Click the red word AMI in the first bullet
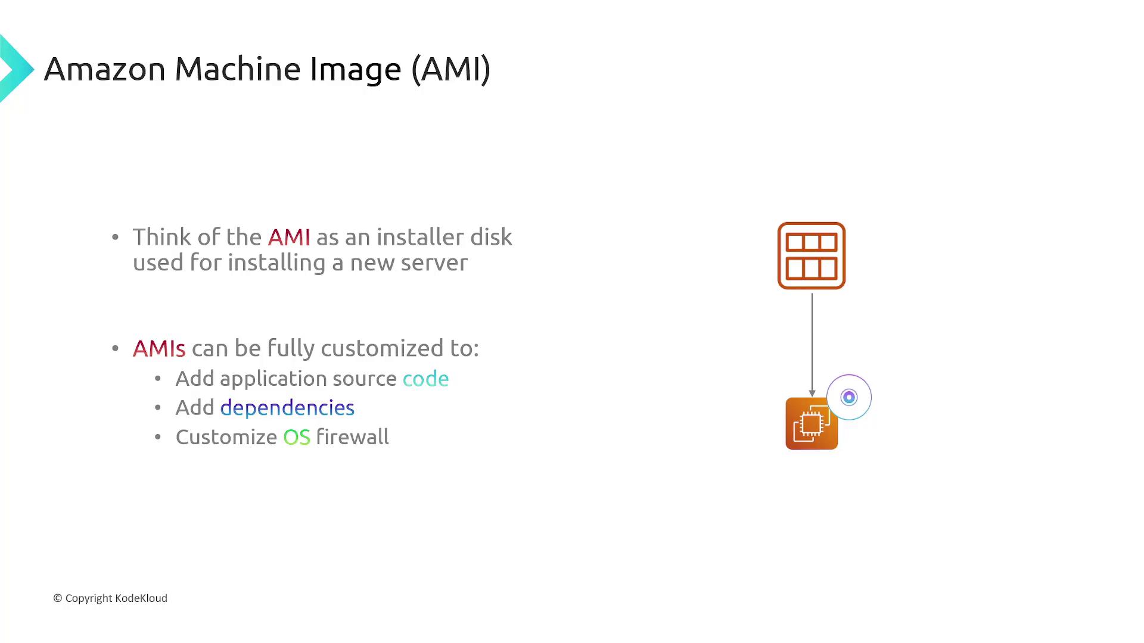pos(289,237)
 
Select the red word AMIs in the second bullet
pos(159,348)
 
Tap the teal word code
pos(425,379)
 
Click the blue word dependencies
pos(287,408)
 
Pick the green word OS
pos(297,437)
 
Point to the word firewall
pos(352,436)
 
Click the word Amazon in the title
pos(104,69)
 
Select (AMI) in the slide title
pos(451,69)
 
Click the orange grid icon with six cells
pos(812,256)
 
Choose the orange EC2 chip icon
pos(812,423)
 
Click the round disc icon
pos(849,397)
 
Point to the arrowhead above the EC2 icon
pos(812,394)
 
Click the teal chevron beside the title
pos(16,68)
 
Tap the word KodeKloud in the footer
pos(141,598)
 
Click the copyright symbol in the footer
pos(58,598)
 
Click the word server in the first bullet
pos(434,263)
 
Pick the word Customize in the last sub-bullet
pos(226,437)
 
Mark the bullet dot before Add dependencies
pos(158,408)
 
